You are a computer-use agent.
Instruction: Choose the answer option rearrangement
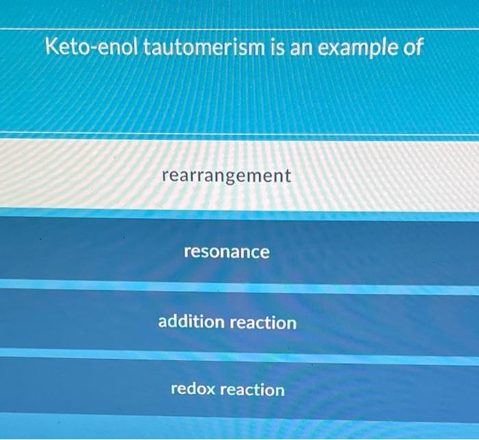click(x=226, y=177)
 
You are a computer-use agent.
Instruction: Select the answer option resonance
click(x=226, y=253)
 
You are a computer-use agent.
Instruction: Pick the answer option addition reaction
click(x=227, y=322)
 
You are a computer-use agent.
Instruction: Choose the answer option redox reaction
click(x=227, y=390)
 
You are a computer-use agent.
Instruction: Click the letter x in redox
click(x=211, y=390)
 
